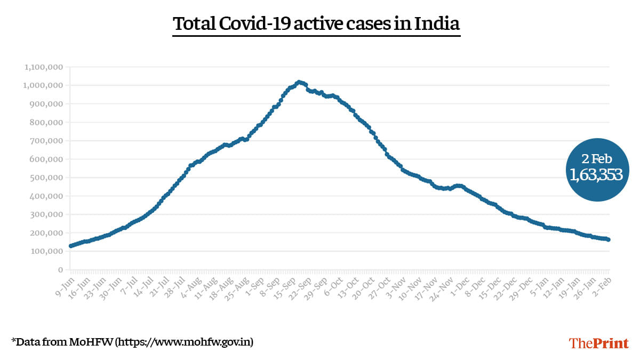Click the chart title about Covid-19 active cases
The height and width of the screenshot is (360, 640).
click(x=316, y=25)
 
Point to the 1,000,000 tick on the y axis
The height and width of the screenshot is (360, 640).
click(x=44, y=85)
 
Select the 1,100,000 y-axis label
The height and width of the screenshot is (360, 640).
click(x=44, y=67)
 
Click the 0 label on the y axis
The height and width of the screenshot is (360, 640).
click(x=60, y=270)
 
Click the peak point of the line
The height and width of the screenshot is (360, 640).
click(x=299, y=82)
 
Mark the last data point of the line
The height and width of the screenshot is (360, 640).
click(x=609, y=239)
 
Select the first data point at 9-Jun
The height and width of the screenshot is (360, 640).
click(x=71, y=246)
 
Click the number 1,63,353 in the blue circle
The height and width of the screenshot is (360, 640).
click(x=596, y=174)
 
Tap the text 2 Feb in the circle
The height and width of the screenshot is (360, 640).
click(x=596, y=158)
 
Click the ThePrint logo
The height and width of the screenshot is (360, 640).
click(x=599, y=343)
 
